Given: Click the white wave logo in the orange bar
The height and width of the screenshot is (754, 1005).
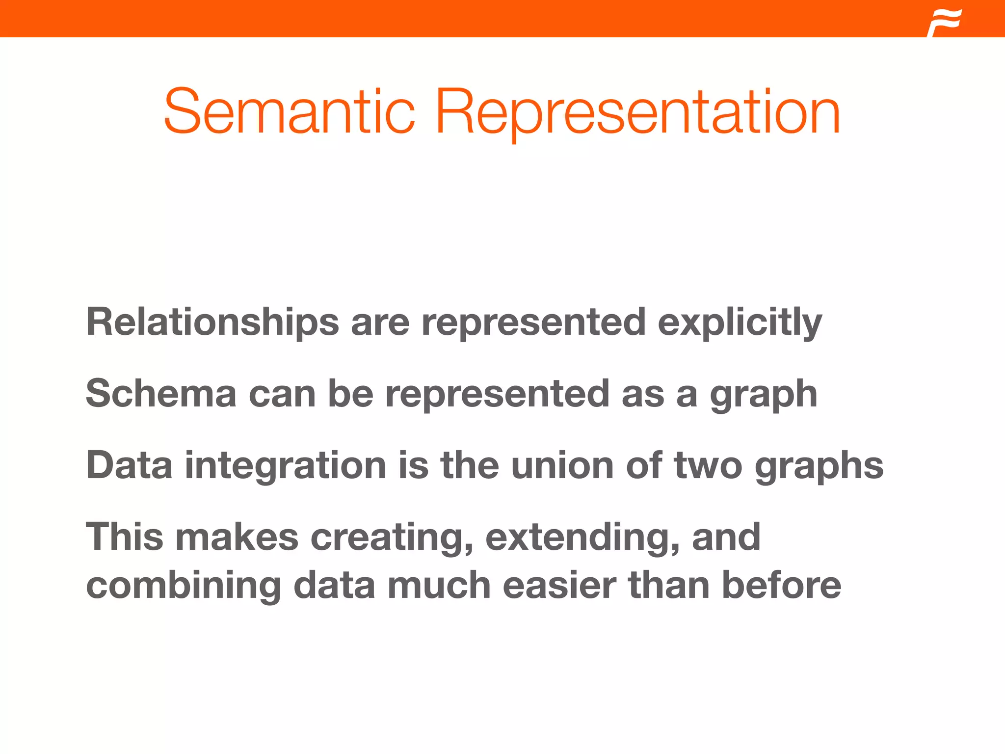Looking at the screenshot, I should (x=945, y=23).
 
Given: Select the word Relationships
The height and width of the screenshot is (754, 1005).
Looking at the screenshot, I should (x=212, y=322).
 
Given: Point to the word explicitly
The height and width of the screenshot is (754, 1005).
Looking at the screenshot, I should (x=740, y=323).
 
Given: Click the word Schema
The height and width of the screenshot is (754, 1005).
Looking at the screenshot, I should (x=161, y=394).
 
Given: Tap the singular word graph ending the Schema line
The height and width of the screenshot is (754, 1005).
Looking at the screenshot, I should (x=764, y=395).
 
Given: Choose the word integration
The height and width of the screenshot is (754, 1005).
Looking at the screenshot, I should (x=285, y=466).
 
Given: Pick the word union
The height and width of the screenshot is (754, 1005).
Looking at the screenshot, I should (x=562, y=465).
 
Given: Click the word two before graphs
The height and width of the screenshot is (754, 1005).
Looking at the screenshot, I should (x=708, y=465).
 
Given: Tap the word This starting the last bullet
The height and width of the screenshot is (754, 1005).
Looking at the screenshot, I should (x=125, y=537).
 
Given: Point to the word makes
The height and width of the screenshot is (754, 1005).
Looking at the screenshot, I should (x=237, y=537).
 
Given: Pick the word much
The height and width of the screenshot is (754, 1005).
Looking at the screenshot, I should (x=439, y=585).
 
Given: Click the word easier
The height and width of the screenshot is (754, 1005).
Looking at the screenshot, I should (x=559, y=585).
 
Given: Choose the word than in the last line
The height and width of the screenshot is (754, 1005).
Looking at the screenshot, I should (x=669, y=585).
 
